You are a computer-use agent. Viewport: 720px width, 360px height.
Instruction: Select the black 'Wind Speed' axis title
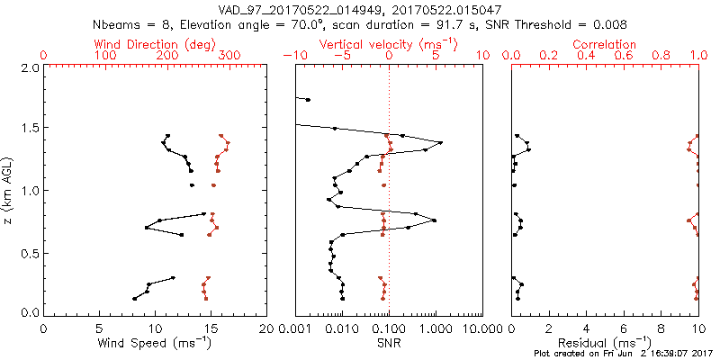pos(156,343)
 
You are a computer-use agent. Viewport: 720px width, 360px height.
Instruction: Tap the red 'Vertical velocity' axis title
pos(388,44)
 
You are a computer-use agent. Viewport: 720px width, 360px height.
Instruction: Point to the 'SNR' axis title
pos(389,343)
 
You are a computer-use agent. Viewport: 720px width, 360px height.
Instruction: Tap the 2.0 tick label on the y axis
pos(29,68)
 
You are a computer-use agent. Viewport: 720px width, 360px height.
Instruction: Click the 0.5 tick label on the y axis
pos(29,254)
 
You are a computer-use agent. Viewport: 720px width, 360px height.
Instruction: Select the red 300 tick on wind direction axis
pos(229,56)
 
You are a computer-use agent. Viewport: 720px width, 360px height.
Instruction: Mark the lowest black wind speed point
pos(135,299)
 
